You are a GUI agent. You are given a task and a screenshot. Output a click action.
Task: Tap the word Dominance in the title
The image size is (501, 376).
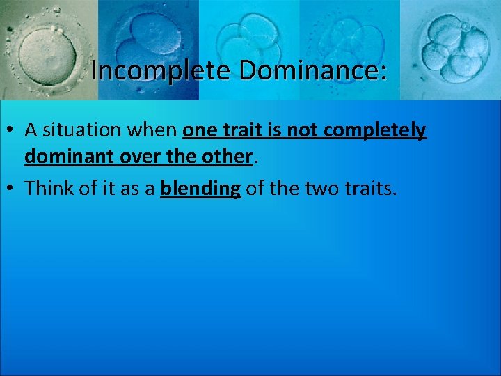[x=296, y=70]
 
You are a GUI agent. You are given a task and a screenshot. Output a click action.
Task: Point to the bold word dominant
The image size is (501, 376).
[x=65, y=158]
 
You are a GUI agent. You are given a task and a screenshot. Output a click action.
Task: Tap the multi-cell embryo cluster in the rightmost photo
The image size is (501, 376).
[x=452, y=50]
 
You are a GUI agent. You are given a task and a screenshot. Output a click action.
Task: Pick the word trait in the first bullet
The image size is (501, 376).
[x=241, y=130]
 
